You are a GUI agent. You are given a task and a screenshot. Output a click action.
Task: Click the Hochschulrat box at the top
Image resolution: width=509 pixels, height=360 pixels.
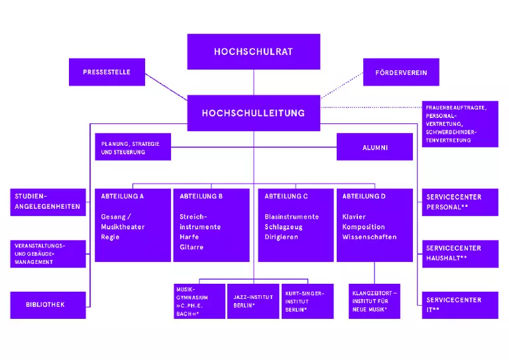click(253, 52)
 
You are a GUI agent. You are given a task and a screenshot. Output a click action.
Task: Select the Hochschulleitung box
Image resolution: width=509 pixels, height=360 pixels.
click(253, 113)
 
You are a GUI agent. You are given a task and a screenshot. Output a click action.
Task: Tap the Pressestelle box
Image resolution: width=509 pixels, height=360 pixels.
click(107, 72)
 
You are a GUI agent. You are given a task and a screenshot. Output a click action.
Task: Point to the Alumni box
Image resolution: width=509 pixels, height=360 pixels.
click(375, 147)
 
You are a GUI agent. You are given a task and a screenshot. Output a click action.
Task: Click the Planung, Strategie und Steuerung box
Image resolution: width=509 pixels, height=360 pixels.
click(133, 147)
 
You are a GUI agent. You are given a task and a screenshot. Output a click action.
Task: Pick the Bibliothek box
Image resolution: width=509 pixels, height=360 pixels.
click(48, 305)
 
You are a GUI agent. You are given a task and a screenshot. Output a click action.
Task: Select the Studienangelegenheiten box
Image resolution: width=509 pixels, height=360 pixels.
click(48, 202)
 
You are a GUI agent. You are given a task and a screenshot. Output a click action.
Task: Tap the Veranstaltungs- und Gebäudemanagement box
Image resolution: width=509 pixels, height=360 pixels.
click(48, 253)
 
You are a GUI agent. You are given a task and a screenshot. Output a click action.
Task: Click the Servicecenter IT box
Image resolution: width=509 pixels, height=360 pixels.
click(459, 305)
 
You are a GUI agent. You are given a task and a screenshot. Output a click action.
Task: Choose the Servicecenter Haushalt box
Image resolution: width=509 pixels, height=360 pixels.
click(459, 253)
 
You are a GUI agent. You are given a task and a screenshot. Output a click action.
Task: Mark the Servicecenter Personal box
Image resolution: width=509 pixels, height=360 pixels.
click(459, 202)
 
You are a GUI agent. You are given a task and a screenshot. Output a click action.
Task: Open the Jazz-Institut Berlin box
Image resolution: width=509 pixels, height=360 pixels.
click(253, 301)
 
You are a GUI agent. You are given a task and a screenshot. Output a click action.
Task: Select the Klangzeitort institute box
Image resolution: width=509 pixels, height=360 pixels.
click(374, 301)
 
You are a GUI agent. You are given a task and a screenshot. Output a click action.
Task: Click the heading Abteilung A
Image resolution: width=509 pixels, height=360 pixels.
click(122, 196)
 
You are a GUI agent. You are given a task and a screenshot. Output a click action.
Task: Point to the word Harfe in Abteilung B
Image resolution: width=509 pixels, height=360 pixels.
click(189, 237)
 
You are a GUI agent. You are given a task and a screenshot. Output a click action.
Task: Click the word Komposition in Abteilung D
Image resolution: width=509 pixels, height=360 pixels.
click(363, 227)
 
